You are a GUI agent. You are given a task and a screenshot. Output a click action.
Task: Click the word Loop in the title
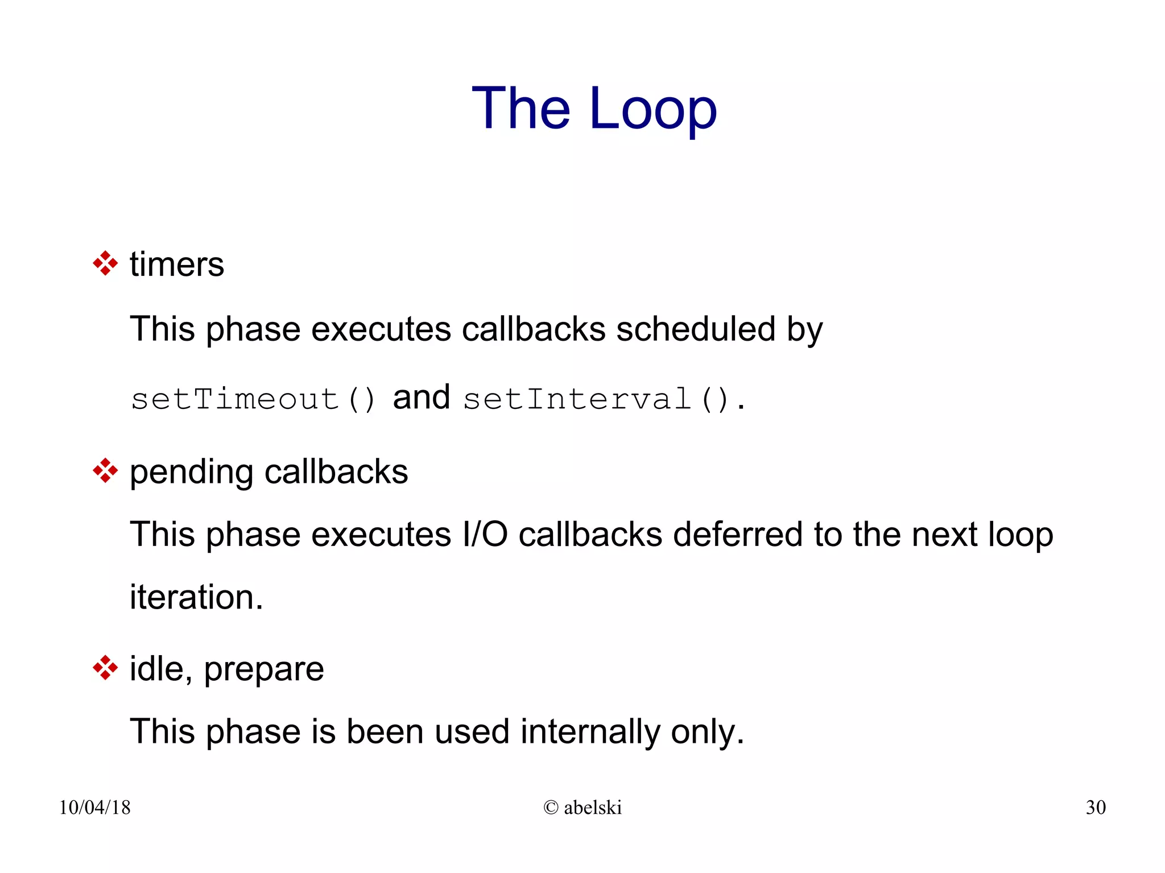(x=653, y=109)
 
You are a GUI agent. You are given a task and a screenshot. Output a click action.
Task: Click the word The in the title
(x=520, y=109)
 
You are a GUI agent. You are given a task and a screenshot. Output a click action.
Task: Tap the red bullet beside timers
(x=105, y=263)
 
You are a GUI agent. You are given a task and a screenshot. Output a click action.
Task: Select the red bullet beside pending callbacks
(x=105, y=471)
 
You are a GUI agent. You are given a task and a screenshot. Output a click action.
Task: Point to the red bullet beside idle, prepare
(x=105, y=668)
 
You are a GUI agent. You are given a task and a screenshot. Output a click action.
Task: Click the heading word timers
(x=177, y=264)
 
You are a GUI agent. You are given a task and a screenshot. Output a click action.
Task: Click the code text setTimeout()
(x=253, y=399)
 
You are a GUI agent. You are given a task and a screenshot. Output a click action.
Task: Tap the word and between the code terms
(x=422, y=397)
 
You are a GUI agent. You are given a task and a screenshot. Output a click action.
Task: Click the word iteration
(x=196, y=597)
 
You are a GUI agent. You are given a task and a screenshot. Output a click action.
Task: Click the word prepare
(x=264, y=670)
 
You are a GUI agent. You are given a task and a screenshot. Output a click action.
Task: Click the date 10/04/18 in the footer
(x=94, y=807)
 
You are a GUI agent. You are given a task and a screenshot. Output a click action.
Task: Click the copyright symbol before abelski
(x=551, y=807)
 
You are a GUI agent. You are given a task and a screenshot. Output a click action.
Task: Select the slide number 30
(x=1095, y=807)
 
